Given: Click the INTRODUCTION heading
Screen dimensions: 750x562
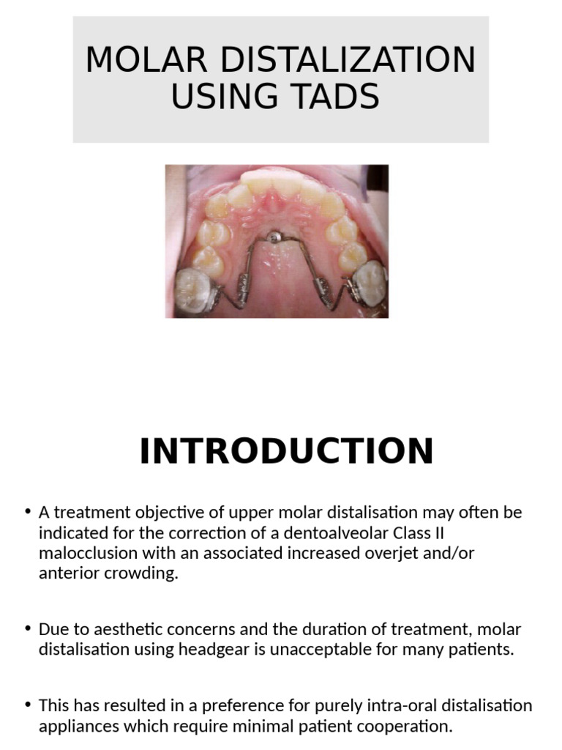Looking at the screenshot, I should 286,451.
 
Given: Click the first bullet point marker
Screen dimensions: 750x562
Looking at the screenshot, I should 27,512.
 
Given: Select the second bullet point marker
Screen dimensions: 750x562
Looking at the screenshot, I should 27,629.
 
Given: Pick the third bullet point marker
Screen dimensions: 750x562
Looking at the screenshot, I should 27,705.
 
